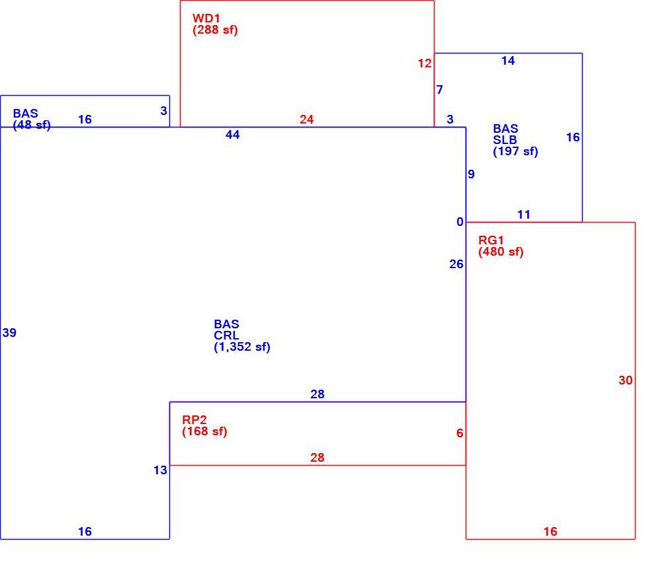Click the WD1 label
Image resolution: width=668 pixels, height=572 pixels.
(206, 18)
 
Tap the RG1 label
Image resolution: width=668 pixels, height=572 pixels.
(491, 240)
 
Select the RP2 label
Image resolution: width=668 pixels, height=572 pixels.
(194, 419)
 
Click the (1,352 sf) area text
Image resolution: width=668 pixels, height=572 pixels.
(242, 347)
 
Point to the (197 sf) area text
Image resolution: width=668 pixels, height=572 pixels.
(515, 151)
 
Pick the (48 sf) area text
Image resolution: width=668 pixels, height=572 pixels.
(32, 125)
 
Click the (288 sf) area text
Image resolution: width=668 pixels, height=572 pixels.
(215, 30)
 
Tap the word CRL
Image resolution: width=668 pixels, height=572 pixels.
(226, 336)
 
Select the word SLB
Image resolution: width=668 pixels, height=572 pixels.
(505, 140)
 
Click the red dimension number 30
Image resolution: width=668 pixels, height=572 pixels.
(626, 380)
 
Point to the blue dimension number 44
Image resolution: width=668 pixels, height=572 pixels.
(233, 135)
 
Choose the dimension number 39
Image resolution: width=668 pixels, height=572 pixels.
(9, 333)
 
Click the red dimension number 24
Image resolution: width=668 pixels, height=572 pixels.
(306, 119)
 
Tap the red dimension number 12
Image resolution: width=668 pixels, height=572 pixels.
(425, 63)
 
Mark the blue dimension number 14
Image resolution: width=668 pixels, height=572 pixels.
(508, 61)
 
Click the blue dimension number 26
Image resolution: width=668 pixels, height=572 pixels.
(456, 264)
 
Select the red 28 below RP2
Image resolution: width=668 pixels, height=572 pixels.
(317, 458)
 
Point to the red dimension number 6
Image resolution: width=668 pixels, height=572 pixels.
(460, 433)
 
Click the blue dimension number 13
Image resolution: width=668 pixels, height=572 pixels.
(160, 470)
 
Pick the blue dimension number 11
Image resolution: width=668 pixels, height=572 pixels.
(524, 215)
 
